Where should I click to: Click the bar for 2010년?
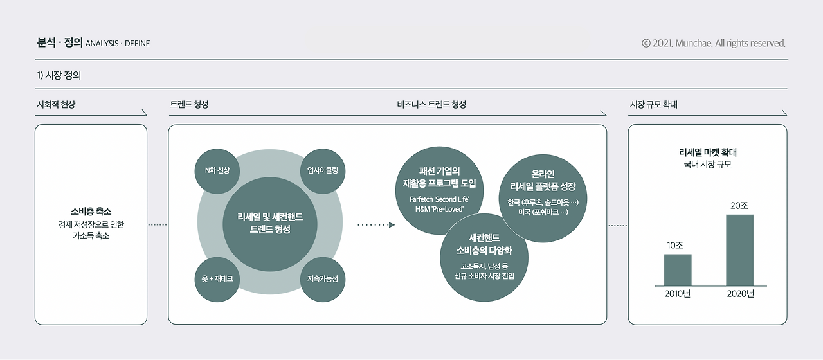(678, 270)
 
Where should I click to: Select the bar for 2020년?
(739, 250)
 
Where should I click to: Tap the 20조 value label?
(739, 206)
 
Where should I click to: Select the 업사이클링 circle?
(322, 170)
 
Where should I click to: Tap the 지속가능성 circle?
(322, 279)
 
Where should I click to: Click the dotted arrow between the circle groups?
(376, 225)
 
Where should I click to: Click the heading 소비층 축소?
(91, 211)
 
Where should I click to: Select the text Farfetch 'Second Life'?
(440, 199)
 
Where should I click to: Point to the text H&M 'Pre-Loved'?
(440, 210)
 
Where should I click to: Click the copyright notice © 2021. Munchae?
(714, 44)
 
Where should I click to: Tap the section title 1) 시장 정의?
(59, 75)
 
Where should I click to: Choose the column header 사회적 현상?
(57, 104)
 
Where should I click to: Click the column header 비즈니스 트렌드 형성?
(431, 104)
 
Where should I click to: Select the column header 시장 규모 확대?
(653, 104)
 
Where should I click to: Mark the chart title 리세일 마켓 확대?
(707, 152)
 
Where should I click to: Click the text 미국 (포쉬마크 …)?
(543, 212)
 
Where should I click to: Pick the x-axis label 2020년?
(740, 294)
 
